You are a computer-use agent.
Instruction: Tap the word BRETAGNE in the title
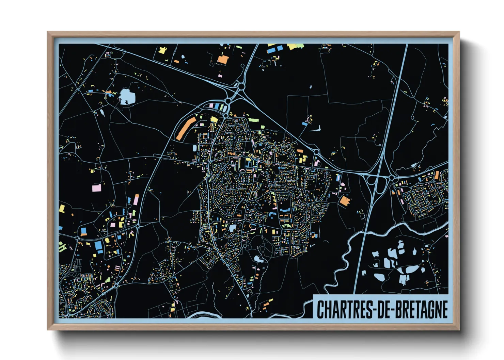pos(426,309)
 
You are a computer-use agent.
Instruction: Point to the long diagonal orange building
pos(186,128)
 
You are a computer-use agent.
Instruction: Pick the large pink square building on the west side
pos(97,188)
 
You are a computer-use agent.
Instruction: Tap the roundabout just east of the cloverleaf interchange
pos(392,178)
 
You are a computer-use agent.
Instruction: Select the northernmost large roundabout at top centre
pos(241,86)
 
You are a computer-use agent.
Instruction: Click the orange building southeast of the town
pos(345,200)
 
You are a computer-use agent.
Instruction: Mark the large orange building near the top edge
pos(222,60)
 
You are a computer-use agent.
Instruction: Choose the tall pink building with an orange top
pos(136,199)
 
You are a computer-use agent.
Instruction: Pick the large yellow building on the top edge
pos(295,46)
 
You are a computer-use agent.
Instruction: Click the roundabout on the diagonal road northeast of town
pos(316,152)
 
